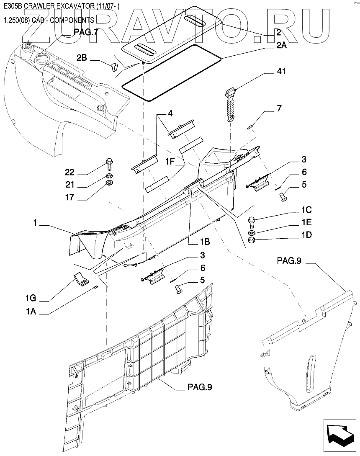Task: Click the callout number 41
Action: pyautogui.click(x=280, y=72)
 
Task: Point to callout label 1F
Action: pyautogui.click(x=172, y=161)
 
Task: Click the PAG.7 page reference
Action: pyautogui.click(x=85, y=32)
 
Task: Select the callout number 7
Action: pyautogui.click(x=278, y=108)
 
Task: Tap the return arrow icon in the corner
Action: pyautogui.click(x=339, y=435)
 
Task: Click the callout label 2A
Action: pyautogui.click(x=281, y=47)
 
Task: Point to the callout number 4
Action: pyautogui.click(x=170, y=113)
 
